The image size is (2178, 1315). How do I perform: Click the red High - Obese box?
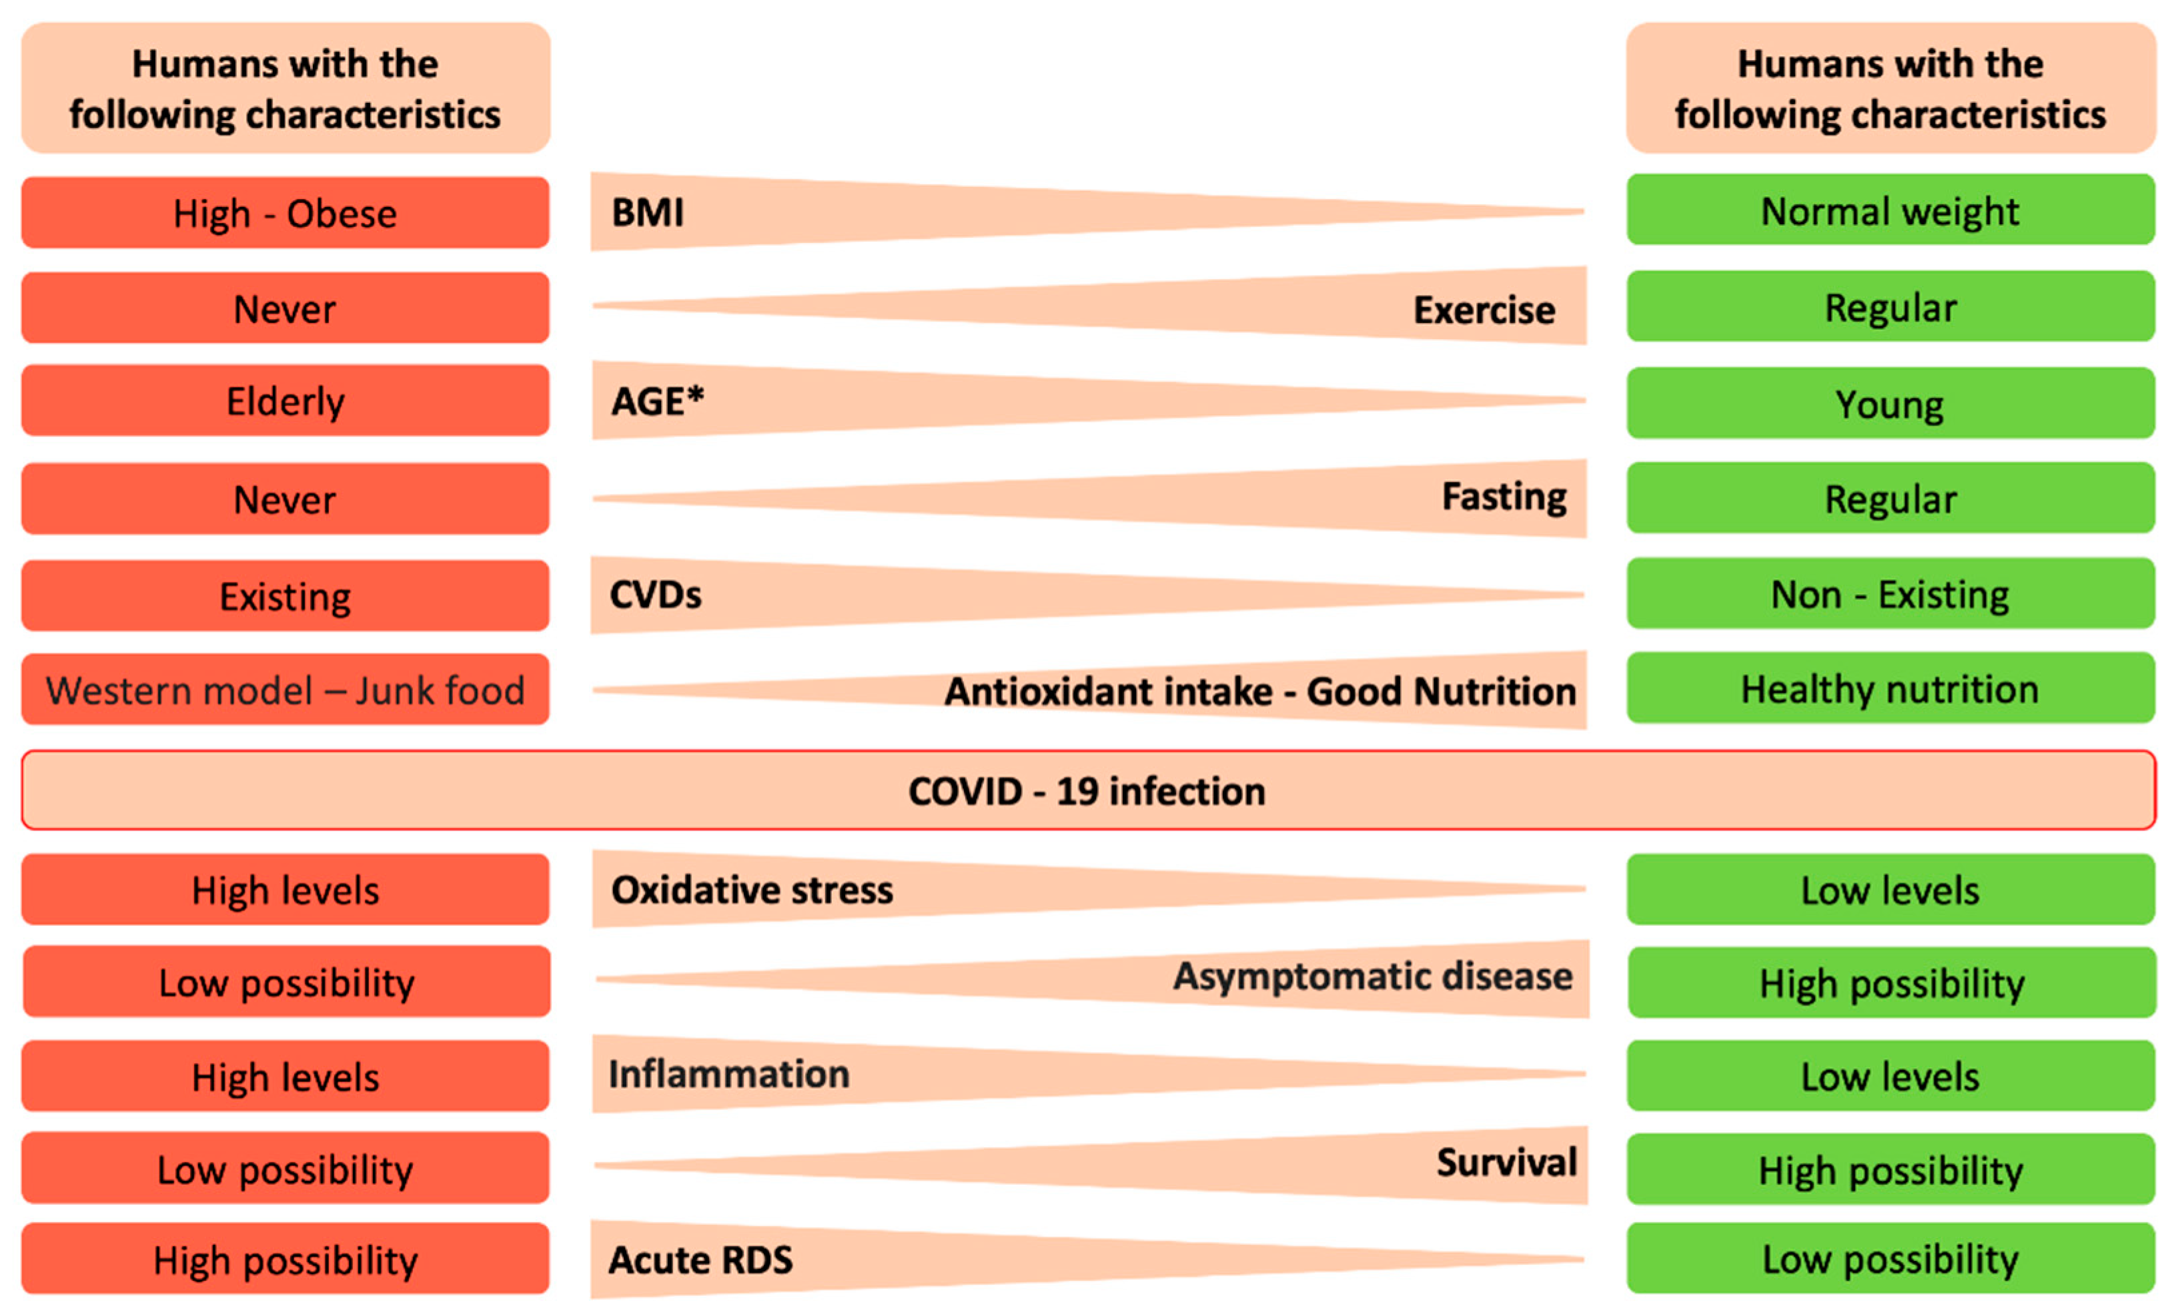coord(285,213)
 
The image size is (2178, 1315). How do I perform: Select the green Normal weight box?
coord(1890,210)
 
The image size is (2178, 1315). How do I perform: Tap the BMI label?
coord(647,212)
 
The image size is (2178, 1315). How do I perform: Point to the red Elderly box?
coord(285,401)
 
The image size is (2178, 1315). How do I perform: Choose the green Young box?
coord(1890,403)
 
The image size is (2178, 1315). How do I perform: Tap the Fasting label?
coord(1504,496)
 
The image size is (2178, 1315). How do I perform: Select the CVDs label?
coord(655,594)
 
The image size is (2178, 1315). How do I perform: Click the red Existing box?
coord(285,596)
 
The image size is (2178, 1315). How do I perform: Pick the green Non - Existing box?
coord(1890,593)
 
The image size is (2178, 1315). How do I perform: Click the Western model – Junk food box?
coord(285,690)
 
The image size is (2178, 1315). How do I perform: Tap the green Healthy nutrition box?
coord(1890,688)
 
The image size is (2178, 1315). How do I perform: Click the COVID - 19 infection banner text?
coord(1087,790)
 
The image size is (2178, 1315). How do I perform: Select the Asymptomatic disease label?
coord(1372,977)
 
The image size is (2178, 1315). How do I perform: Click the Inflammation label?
coord(728,1073)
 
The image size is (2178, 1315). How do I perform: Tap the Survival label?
coord(1506,1162)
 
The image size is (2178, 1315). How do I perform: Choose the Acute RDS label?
coord(700,1260)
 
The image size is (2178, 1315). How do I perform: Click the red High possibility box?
coord(285,1260)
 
